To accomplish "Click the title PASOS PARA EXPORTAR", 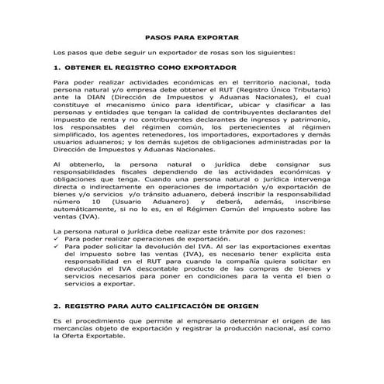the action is point(192,37).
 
